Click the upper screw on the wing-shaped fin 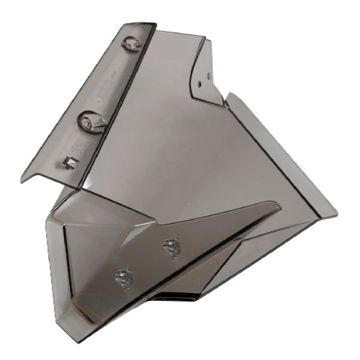pyautogui.click(x=171, y=246)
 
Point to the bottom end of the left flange pyautogui.click(x=22, y=182)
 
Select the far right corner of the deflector pyautogui.click(x=336, y=214)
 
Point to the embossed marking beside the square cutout pyautogui.click(x=83, y=148)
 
